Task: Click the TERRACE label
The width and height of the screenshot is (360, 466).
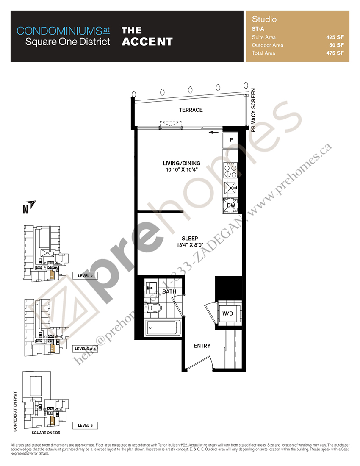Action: pyautogui.click(x=191, y=110)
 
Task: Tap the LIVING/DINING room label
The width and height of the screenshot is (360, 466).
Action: pyautogui.click(x=182, y=164)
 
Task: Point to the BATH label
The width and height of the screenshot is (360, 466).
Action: pyautogui.click(x=169, y=292)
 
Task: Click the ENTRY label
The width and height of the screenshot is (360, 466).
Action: pyautogui.click(x=202, y=346)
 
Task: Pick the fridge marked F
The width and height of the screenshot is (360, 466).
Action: pyautogui.click(x=231, y=140)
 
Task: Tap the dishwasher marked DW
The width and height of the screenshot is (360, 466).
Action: pyautogui.click(x=231, y=205)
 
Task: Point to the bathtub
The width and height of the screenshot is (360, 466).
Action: pyautogui.click(x=163, y=328)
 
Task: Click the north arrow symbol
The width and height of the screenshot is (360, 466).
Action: pyautogui.click(x=31, y=204)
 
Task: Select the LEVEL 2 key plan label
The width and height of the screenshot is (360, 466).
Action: pyautogui.click(x=85, y=275)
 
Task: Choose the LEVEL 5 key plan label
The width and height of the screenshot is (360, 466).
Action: pyautogui.click(x=85, y=425)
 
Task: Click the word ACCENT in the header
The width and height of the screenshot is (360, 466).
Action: pyautogui.click(x=147, y=42)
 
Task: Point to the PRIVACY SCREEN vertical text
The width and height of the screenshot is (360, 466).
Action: pyautogui.click(x=254, y=111)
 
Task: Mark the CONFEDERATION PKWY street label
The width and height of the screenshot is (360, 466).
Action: pyautogui.click(x=15, y=411)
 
